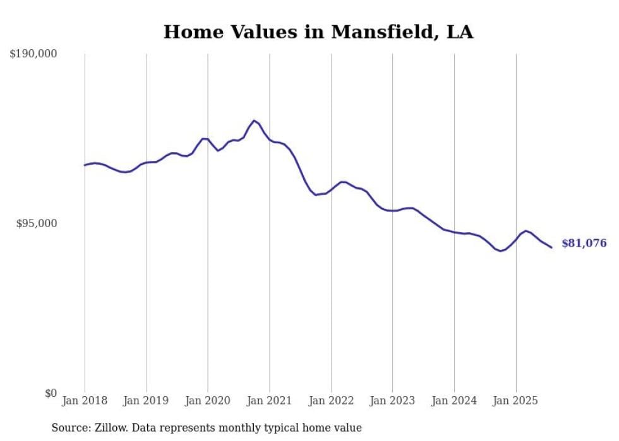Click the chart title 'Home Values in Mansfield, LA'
(x=318, y=32)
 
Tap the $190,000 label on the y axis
(x=33, y=54)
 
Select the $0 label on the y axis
(x=51, y=394)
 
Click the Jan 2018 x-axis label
(x=85, y=401)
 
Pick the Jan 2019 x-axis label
(x=147, y=401)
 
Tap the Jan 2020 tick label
(x=208, y=401)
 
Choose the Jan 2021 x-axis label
(x=270, y=401)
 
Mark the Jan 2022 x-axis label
(x=331, y=401)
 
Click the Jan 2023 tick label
(x=392, y=401)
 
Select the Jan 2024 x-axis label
(x=454, y=401)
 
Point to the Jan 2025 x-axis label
(x=515, y=401)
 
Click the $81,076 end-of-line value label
(x=584, y=244)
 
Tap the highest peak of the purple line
(x=254, y=121)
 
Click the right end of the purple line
(x=551, y=247)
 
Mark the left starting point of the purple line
(x=85, y=165)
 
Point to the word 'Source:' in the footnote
(x=69, y=428)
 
